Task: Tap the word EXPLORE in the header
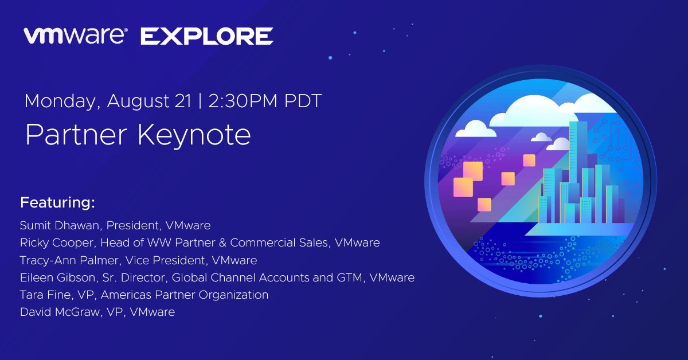[207, 36]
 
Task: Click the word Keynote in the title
[194, 135]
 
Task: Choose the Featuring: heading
[57, 203]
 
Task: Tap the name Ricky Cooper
[57, 242]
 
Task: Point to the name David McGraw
[60, 312]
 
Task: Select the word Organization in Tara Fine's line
[233, 295]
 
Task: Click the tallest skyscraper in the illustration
[578, 163]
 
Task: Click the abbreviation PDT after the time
[303, 101]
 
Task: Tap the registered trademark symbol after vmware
[126, 30]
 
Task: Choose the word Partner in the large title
[76, 135]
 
